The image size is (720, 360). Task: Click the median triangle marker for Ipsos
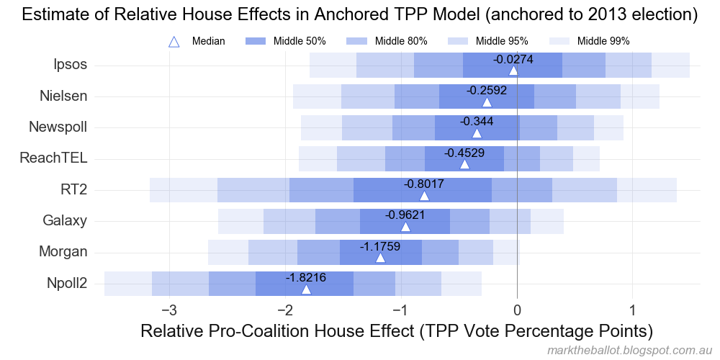(513, 71)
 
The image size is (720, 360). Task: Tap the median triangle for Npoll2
(306, 289)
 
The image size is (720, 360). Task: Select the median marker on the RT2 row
(424, 196)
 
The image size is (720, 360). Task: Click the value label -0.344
(477, 122)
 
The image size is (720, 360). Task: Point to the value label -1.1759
(380, 246)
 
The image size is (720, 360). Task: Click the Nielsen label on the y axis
(64, 96)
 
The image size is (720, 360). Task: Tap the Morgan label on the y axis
(64, 252)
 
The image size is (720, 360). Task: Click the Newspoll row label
(58, 127)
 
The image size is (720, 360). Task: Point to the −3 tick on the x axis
(169, 311)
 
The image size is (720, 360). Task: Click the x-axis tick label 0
(517, 311)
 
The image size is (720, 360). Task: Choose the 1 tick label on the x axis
(633, 311)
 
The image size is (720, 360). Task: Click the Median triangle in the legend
(174, 42)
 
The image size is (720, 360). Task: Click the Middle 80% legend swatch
(357, 42)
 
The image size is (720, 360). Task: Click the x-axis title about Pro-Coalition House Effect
(397, 331)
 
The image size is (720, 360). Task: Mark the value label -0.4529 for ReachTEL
(464, 153)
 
